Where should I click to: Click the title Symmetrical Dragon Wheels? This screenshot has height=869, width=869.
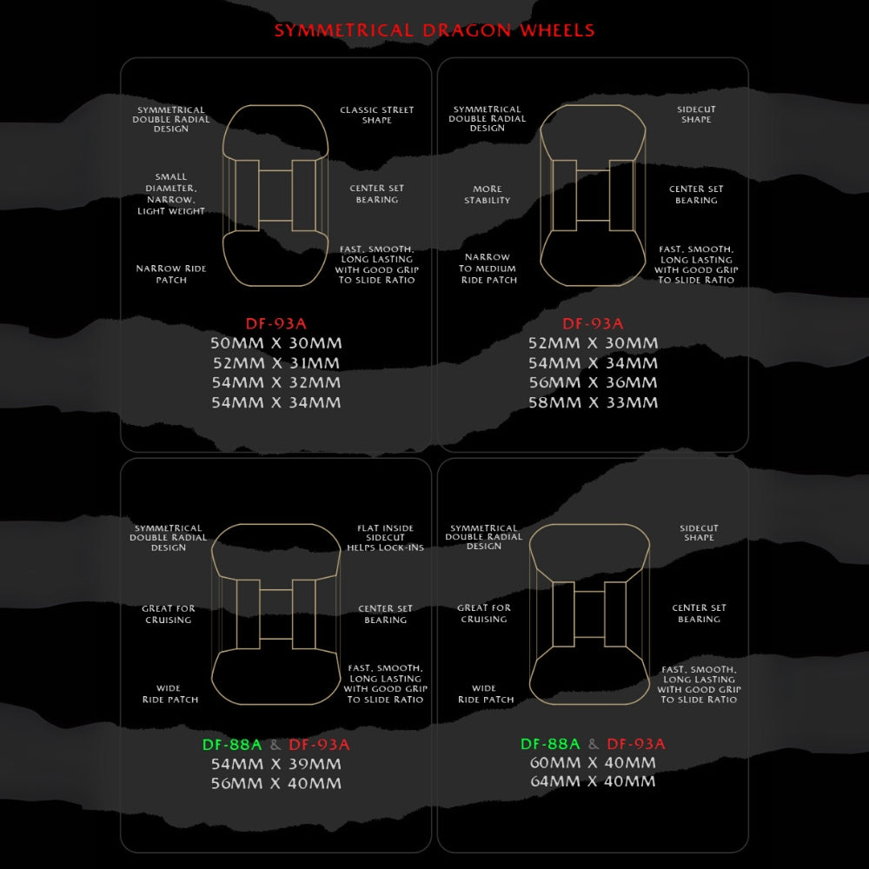[x=434, y=30]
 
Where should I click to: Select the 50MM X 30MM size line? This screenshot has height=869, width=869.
[x=276, y=343]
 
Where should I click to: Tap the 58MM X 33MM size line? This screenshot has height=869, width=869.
[x=593, y=402]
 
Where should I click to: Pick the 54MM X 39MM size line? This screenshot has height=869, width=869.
[x=276, y=764]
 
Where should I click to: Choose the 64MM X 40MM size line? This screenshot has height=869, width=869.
[x=593, y=781]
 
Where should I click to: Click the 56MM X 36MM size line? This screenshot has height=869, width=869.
[x=593, y=382]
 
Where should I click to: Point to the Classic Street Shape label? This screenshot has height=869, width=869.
[x=377, y=115]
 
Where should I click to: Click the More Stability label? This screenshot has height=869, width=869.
[x=488, y=195]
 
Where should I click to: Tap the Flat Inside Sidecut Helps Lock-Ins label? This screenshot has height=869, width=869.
[x=385, y=538]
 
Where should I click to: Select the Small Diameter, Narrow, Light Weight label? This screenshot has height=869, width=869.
[x=171, y=194]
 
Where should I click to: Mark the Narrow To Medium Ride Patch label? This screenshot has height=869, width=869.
[x=488, y=269]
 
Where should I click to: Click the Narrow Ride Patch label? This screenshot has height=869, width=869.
[x=171, y=275]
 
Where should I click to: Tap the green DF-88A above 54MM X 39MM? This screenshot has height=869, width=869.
[x=232, y=745]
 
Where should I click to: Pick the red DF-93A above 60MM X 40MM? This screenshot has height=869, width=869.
[x=636, y=744]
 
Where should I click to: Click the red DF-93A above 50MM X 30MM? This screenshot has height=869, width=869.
[x=276, y=323]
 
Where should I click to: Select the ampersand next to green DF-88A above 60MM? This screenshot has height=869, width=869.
[x=594, y=744]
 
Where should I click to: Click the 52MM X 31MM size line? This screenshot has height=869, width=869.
[x=276, y=363]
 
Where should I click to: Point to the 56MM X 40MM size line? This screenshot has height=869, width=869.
[x=276, y=784]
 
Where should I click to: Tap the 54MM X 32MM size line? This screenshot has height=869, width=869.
[x=276, y=382]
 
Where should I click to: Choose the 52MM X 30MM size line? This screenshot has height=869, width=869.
[x=593, y=343]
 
